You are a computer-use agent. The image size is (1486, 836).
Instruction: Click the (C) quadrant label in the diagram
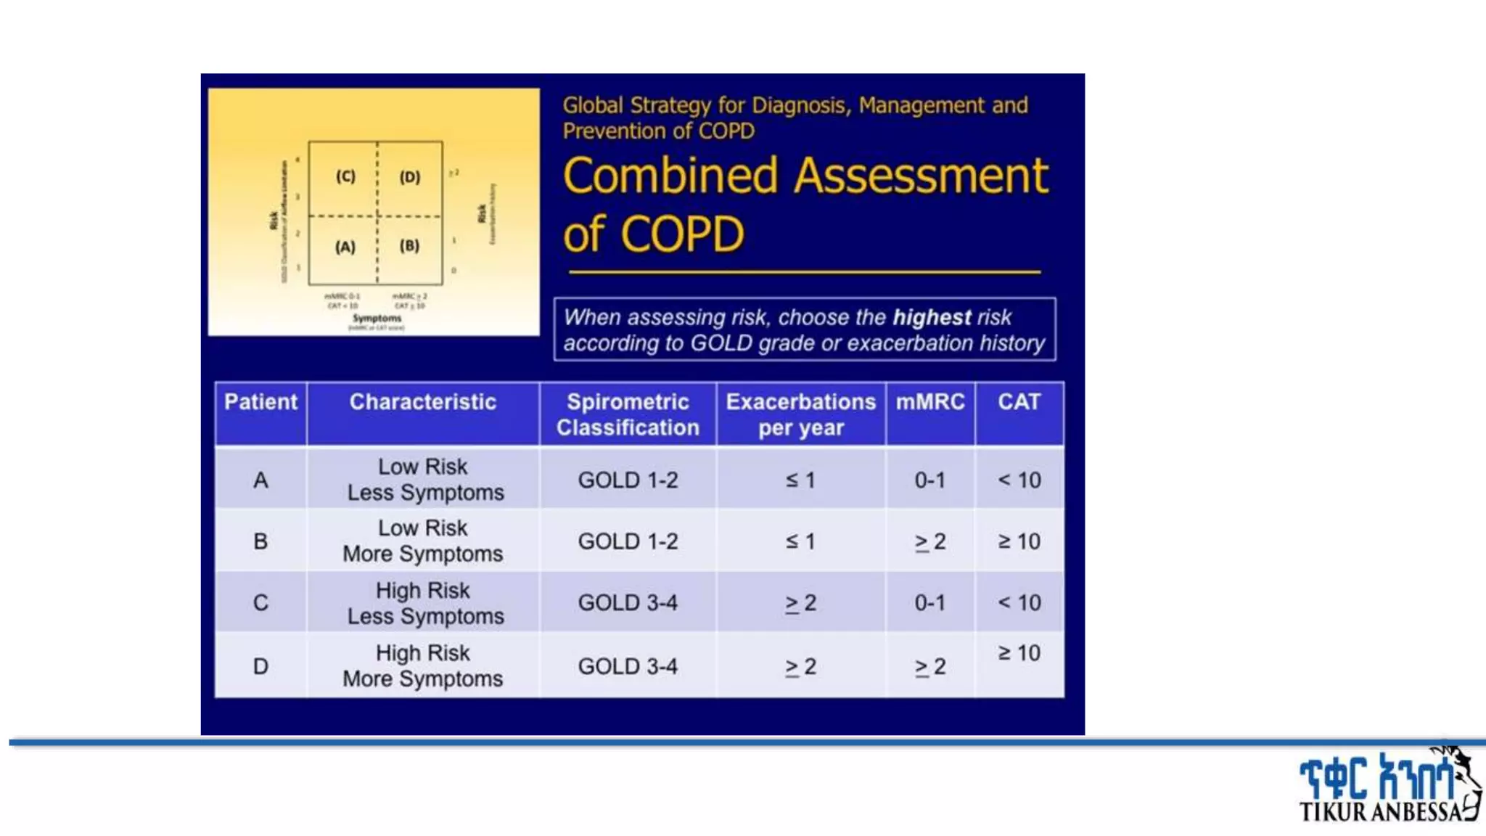pos(345,176)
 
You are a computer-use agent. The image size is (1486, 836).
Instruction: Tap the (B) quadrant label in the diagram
pos(409,246)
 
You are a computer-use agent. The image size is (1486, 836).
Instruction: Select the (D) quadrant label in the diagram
pos(410,177)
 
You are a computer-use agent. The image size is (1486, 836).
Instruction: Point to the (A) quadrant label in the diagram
pos(345,247)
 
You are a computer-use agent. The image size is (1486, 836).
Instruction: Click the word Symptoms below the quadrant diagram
pos(377,318)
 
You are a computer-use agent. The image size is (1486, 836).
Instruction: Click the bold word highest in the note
pos(931,317)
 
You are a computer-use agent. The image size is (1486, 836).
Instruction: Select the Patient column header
pos(260,402)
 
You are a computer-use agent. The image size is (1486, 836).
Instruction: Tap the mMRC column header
pos(929,402)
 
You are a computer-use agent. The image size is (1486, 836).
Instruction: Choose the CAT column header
pos(1019,402)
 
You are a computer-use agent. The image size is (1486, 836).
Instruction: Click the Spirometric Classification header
pos(628,414)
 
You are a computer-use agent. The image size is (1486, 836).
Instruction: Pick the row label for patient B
pos(260,541)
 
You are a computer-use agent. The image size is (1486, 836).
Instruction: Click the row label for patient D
pos(260,666)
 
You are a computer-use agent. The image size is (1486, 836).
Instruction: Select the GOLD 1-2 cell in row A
pos(628,480)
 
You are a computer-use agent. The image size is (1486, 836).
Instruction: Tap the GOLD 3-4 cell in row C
pos(628,602)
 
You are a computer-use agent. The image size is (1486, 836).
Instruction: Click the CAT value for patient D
pos(1019,653)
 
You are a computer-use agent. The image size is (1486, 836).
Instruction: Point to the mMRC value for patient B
pos(929,541)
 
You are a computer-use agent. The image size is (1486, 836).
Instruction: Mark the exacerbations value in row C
pos(800,602)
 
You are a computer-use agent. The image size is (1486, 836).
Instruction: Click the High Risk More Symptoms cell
pos(423,665)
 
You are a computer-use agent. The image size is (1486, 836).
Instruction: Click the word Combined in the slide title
pos(670,176)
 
